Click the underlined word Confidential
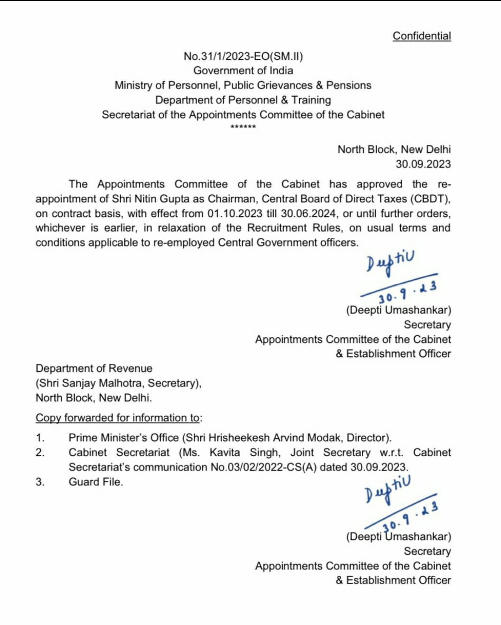click(422, 36)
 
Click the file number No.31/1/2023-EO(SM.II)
click(243, 56)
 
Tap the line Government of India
click(243, 71)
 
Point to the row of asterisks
click(243, 127)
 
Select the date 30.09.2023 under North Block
click(423, 164)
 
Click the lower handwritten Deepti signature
click(387, 489)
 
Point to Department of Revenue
click(94, 368)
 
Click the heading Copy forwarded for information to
click(118, 418)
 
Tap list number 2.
click(40, 452)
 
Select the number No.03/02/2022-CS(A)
click(263, 467)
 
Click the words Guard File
click(96, 482)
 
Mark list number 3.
click(40, 482)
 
